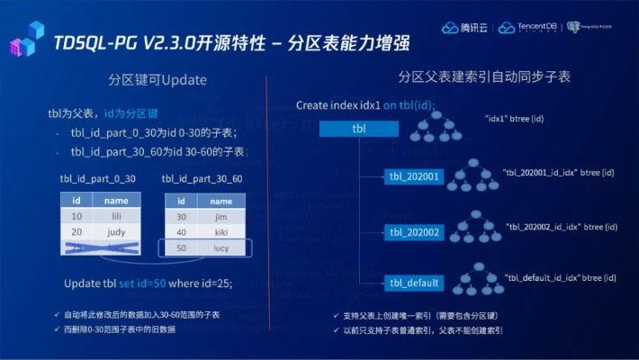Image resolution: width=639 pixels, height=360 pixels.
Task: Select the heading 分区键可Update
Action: (x=157, y=80)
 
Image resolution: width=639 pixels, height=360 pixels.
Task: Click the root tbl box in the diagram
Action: (x=358, y=130)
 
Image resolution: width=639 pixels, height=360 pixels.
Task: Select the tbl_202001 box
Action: (x=414, y=176)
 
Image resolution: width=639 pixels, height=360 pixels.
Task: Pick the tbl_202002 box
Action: (x=414, y=232)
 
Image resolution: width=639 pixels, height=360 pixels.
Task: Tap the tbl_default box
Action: (x=414, y=283)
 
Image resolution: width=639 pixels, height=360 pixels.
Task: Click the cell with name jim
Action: (x=221, y=217)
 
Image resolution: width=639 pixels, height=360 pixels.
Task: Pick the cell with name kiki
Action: (x=221, y=232)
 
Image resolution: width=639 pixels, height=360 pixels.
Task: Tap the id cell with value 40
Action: (x=181, y=232)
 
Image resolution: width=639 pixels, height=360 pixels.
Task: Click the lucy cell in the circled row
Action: (x=221, y=247)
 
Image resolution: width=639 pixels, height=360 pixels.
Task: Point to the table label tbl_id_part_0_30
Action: (x=97, y=179)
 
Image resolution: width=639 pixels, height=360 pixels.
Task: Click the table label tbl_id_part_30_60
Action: (x=202, y=179)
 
